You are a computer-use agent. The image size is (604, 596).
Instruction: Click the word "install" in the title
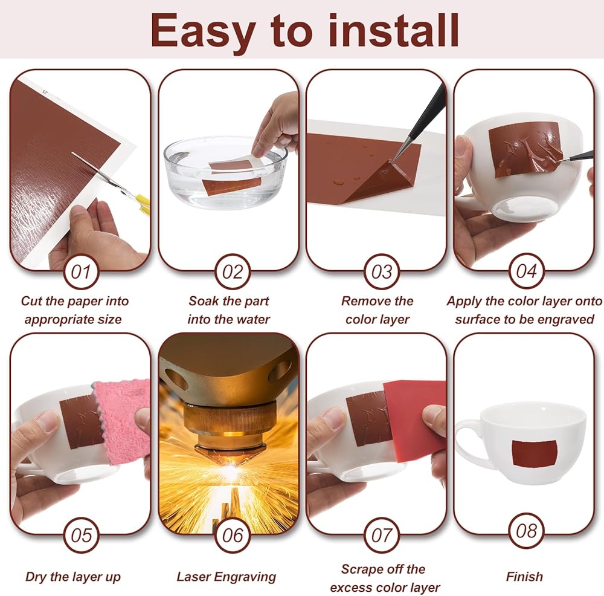[393, 30]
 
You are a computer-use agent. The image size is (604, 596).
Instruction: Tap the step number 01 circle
[81, 271]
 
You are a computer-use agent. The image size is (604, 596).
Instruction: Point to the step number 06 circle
[233, 535]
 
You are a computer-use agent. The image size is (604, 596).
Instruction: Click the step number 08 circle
[526, 531]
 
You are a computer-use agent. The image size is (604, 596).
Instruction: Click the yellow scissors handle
[143, 204]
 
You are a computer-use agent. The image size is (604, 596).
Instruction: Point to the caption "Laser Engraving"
[226, 577]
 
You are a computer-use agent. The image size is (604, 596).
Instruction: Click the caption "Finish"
[524, 576]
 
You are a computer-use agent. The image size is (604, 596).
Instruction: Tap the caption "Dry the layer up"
[73, 577]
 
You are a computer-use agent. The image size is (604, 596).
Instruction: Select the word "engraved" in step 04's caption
[567, 320]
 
